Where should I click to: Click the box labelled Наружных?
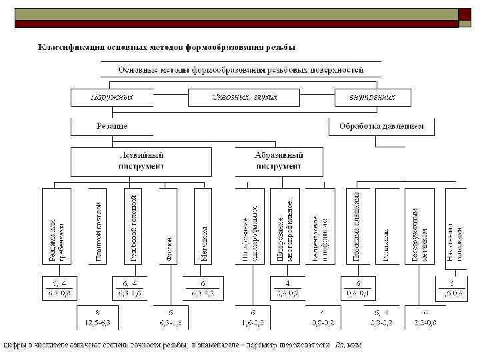[112, 97]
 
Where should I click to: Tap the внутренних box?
[373, 97]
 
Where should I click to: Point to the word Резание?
[112, 125]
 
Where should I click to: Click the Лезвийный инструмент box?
[141, 161]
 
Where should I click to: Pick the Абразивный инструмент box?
[279, 161]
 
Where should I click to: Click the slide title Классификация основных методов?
[167, 47]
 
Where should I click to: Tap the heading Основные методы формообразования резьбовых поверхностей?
[241, 69]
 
